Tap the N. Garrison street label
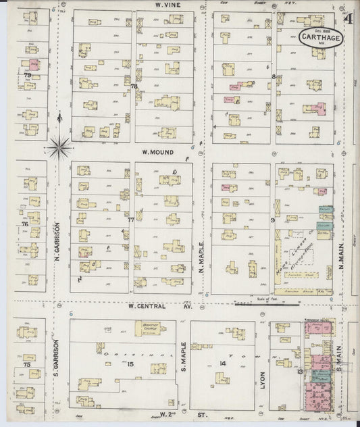[x=58, y=242]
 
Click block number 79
[x=27, y=75]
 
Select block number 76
[x=25, y=224]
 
